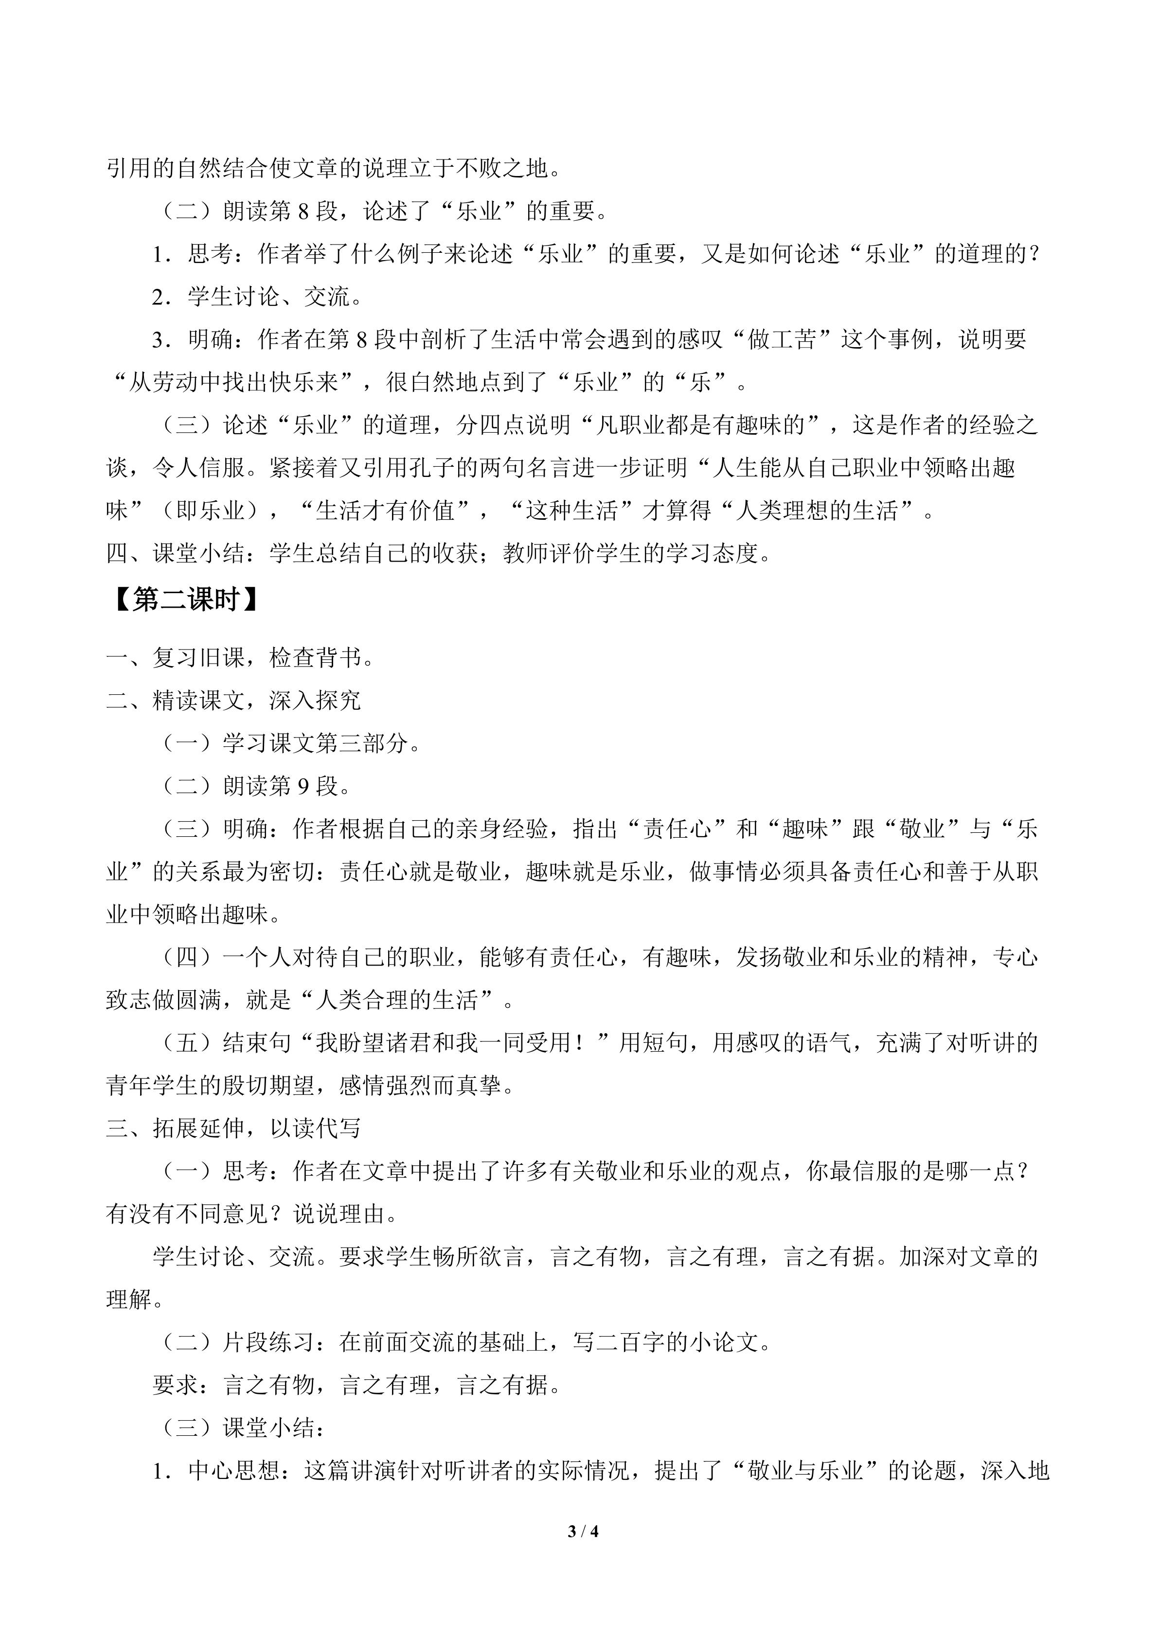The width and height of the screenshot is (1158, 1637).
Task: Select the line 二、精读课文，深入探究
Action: click(x=233, y=700)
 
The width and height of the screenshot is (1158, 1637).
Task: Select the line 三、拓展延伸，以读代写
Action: click(x=233, y=1128)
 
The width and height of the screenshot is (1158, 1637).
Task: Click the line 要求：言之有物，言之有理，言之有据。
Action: click(x=356, y=1385)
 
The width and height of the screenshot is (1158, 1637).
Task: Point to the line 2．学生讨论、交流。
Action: click(x=257, y=297)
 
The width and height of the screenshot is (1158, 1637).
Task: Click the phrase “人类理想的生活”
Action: click(x=817, y=510)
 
